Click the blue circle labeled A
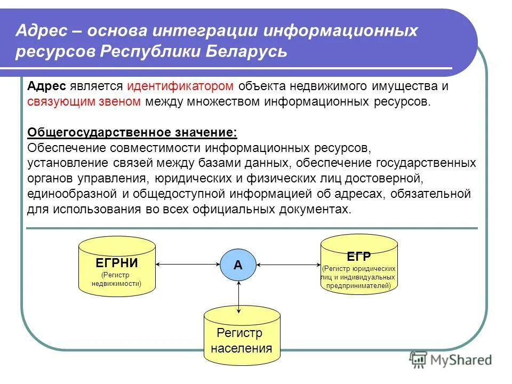[x=238, y=265]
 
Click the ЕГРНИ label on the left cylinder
[x=117, y=263]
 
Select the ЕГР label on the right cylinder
[x=358, y=257]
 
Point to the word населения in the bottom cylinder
[x=241, y=349]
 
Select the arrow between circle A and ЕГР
[x=289, y=264]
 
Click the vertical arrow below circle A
[x=238, y=296]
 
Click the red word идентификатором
[x=180, y=86]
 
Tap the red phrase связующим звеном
[x=84, y=101]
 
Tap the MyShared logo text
[x=460, y=360]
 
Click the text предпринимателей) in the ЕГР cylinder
[x=358, y=285]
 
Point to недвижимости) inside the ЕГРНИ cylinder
[x=117, y=283]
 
